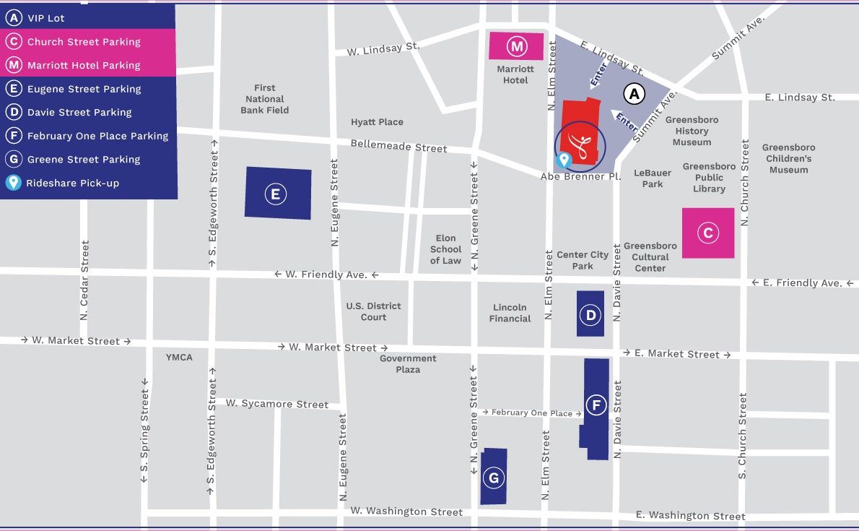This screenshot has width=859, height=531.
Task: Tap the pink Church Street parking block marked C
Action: [x=708, y=233]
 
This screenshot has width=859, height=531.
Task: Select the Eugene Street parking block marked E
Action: [x=278, y=194]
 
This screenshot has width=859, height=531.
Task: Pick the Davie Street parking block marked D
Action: [x=590, y=314]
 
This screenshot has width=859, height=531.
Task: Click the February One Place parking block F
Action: [x=596, y=407]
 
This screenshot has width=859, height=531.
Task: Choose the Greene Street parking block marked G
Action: [x=494, y=477]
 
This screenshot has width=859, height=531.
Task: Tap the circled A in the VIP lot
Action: [x=634, y=93]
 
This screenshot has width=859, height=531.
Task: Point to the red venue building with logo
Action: [x=580, y=130]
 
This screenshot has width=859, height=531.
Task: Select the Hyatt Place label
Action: [x=377, y=122]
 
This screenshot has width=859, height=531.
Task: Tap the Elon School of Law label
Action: [x=445, y=249]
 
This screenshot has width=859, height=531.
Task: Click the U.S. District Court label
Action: [x=373, y=311]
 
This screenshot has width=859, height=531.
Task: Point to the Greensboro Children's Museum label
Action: [x=788, y=158]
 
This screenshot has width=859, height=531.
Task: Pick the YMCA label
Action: [x=179, y=357]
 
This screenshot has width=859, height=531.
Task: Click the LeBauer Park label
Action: [x=653, y=178]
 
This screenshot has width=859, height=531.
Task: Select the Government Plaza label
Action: [x=408, y=363]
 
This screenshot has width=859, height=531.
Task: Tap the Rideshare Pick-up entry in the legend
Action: [x=72, y=183]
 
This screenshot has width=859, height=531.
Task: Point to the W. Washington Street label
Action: [x=406, y=511]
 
